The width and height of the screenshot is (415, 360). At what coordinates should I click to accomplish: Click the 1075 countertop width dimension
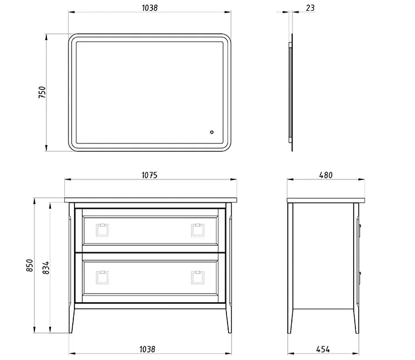coord(150,175)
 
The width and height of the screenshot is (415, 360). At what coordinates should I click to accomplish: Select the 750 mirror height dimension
coord(42,93)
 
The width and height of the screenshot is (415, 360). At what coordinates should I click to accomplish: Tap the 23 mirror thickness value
coord(310,8)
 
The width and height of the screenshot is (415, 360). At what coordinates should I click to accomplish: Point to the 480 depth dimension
coord(325,175)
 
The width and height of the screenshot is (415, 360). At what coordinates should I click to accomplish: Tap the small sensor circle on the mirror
coord(212,133)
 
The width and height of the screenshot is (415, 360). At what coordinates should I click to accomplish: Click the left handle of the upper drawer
coord(103,230)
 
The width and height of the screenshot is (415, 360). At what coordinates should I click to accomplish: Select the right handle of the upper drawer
coord(198,230)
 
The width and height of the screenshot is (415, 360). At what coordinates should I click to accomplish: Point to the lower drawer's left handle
coord(103,278)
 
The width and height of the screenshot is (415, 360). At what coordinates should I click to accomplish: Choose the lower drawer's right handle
coord(198,278)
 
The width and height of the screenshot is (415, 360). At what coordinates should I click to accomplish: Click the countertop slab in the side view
coord(325,200)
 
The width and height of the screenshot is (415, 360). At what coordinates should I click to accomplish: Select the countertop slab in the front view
coord(150,200)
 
